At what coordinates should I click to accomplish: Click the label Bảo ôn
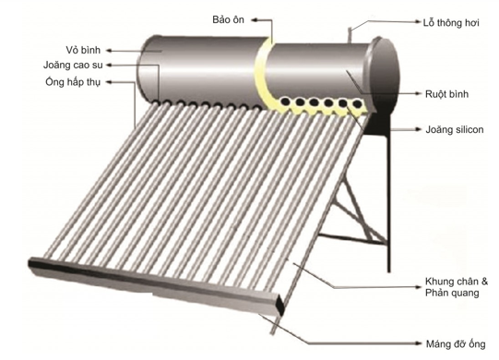tap(228, 19)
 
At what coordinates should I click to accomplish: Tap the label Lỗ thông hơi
tap(451, 23)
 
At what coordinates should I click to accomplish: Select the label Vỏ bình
tap(83, 50)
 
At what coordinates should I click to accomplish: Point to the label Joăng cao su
tap(73, 65)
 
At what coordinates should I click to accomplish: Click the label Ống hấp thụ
tap(73, 82)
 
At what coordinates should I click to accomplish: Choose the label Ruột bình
tap(446, 94)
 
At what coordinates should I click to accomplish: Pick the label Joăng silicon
tap(455, 129)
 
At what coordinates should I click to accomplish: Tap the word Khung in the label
tap(438, 282)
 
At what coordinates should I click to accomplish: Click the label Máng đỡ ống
tap(456, 344)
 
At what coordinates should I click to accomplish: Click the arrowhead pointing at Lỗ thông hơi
tap(419, 21)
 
